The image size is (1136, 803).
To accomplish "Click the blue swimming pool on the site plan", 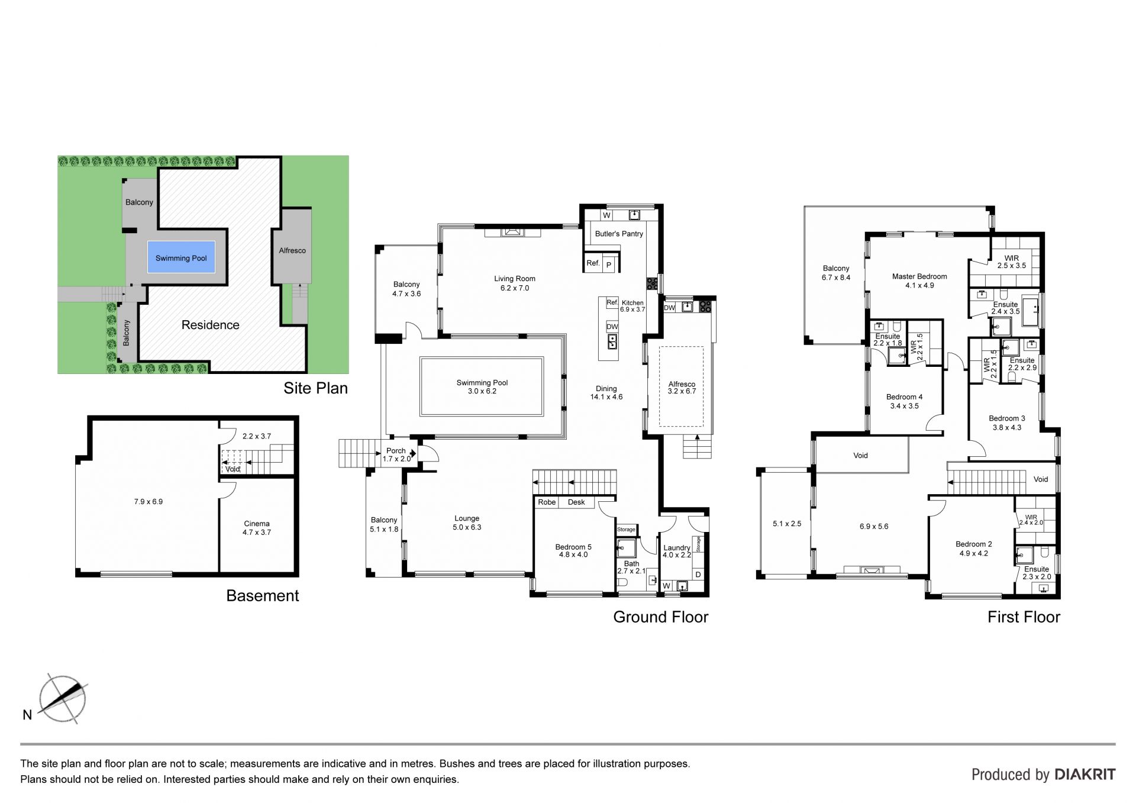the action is click(x=181, y=258).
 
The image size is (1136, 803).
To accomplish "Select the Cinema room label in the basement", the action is click(x=257, y=524).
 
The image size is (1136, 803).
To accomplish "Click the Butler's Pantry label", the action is click(x=619, y=234).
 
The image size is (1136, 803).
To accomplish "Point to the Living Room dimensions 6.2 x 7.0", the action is click(x=515, y=288).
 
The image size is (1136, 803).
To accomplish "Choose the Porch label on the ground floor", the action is click(x=396, y=451).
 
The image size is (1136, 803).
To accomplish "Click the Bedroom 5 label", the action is click(x=573, y=547).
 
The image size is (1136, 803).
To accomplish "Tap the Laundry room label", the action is click(x=677, y=548).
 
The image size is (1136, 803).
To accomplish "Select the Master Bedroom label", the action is click(x=919, y=276).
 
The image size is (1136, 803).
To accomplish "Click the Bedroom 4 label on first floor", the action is click(x=904, y=397).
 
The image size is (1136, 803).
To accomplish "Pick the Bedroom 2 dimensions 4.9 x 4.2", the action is click(x=973, y=554).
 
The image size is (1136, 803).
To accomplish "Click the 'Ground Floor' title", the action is click(x=661, y=617).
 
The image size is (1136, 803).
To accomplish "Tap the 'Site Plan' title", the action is click(x=315, y=388).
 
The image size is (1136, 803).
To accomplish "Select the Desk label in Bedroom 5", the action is click(x=576, y=502).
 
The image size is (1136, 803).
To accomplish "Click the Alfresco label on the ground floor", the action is click(x=682, y=384).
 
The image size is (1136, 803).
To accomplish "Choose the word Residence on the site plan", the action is click(x=210, y=325).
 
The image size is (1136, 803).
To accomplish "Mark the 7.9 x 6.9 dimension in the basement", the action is click(x=148, y=502).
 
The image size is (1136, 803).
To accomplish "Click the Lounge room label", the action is click(x=467, y=519).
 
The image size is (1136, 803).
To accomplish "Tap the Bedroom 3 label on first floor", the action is click(x=1007, y=418).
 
